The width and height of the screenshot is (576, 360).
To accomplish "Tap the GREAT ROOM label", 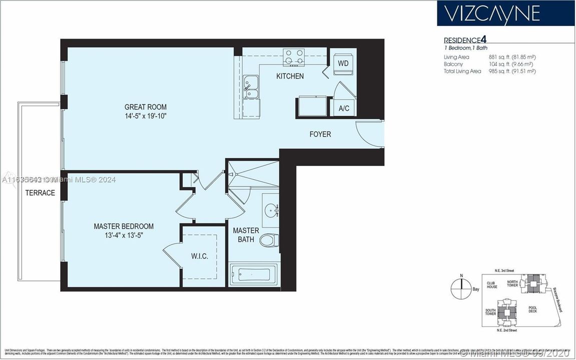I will (146, 107).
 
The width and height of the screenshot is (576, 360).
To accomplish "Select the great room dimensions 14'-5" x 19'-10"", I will (146, 116).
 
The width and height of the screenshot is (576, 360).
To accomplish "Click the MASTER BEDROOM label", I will (124, 226).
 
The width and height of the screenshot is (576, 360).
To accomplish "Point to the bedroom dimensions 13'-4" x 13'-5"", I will (124, 235).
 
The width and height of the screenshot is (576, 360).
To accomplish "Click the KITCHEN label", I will (290, 76).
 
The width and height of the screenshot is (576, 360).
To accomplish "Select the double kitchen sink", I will (251, 88).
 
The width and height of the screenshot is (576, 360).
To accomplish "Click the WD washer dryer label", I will (343, 63).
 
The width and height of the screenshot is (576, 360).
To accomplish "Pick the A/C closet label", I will (344, 108).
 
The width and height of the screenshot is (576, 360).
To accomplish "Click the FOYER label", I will (320, 134).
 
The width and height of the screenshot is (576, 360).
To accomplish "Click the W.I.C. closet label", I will (199, 256).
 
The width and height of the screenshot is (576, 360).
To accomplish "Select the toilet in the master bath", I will (270, 240).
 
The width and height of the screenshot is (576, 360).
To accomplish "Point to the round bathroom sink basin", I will (271, 210).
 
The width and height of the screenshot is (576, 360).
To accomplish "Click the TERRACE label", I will (40, 193).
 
